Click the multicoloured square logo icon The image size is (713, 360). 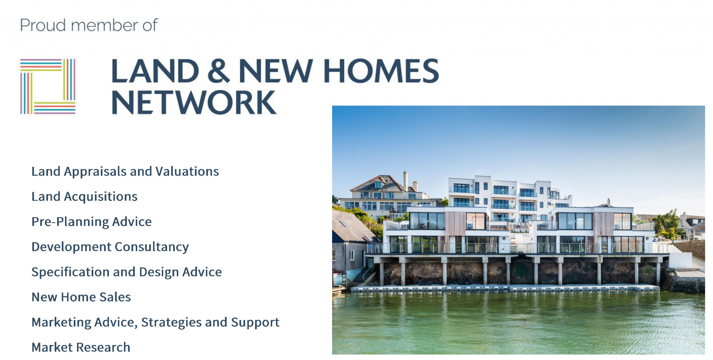48,86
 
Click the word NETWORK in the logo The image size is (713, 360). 194,102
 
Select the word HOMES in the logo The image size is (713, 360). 381,71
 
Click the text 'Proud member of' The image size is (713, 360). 89,25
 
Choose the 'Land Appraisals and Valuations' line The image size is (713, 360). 125,172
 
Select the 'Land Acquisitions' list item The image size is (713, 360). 84,197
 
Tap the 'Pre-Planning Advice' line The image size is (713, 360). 92,222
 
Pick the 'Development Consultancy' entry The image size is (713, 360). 110,247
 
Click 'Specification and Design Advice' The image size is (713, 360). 126,272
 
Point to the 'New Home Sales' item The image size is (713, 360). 81,297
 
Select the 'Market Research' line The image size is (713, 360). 81,347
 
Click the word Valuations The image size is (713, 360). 187,172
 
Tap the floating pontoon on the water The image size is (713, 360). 505,288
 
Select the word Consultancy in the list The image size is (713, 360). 152,247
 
